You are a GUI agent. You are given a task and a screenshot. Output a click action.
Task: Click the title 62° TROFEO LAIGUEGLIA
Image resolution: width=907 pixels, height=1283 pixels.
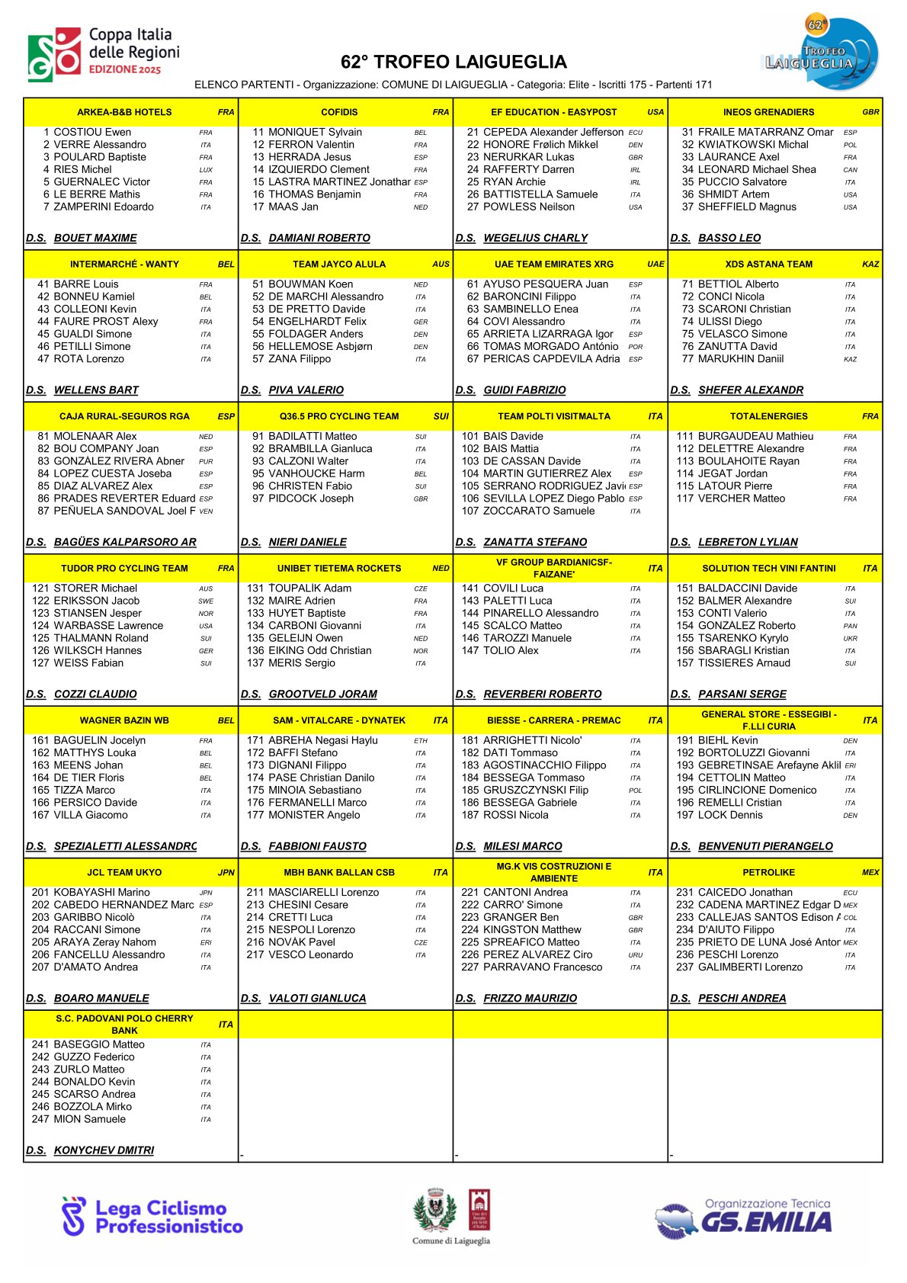(x=453, y=63)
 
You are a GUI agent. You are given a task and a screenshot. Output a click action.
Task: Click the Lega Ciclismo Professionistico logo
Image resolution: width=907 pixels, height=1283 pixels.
(x=152, y=1217)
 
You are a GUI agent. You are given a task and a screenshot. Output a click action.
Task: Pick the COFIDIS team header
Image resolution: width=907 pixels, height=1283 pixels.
(x=339, y=112)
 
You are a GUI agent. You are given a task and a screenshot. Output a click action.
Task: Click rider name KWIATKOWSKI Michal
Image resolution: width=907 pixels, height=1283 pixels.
(x=753, y=145)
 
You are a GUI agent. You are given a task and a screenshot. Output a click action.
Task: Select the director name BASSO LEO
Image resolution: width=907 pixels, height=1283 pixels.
(x=729, y=238)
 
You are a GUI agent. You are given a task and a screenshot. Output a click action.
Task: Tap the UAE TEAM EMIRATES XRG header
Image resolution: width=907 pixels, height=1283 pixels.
(x=553, y=265)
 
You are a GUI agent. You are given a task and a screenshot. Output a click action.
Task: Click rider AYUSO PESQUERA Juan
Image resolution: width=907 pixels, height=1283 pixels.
(x=546, y=284)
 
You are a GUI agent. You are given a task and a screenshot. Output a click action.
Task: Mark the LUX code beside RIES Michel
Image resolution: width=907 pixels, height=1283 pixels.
(x=206, y=170)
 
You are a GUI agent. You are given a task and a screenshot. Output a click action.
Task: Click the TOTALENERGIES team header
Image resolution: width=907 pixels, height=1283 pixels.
(x=768, y=416)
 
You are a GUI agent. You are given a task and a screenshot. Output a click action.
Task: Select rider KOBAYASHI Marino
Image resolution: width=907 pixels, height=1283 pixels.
(x=102, y=893)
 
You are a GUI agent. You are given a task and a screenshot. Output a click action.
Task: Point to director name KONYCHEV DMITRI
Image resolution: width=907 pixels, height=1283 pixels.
(x=104, y=1150)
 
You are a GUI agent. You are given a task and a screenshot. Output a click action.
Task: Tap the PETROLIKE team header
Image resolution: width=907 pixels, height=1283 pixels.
(x=768, y=873)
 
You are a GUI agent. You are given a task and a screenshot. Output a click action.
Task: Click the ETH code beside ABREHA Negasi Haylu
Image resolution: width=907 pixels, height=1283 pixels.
(x=421, y=741)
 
